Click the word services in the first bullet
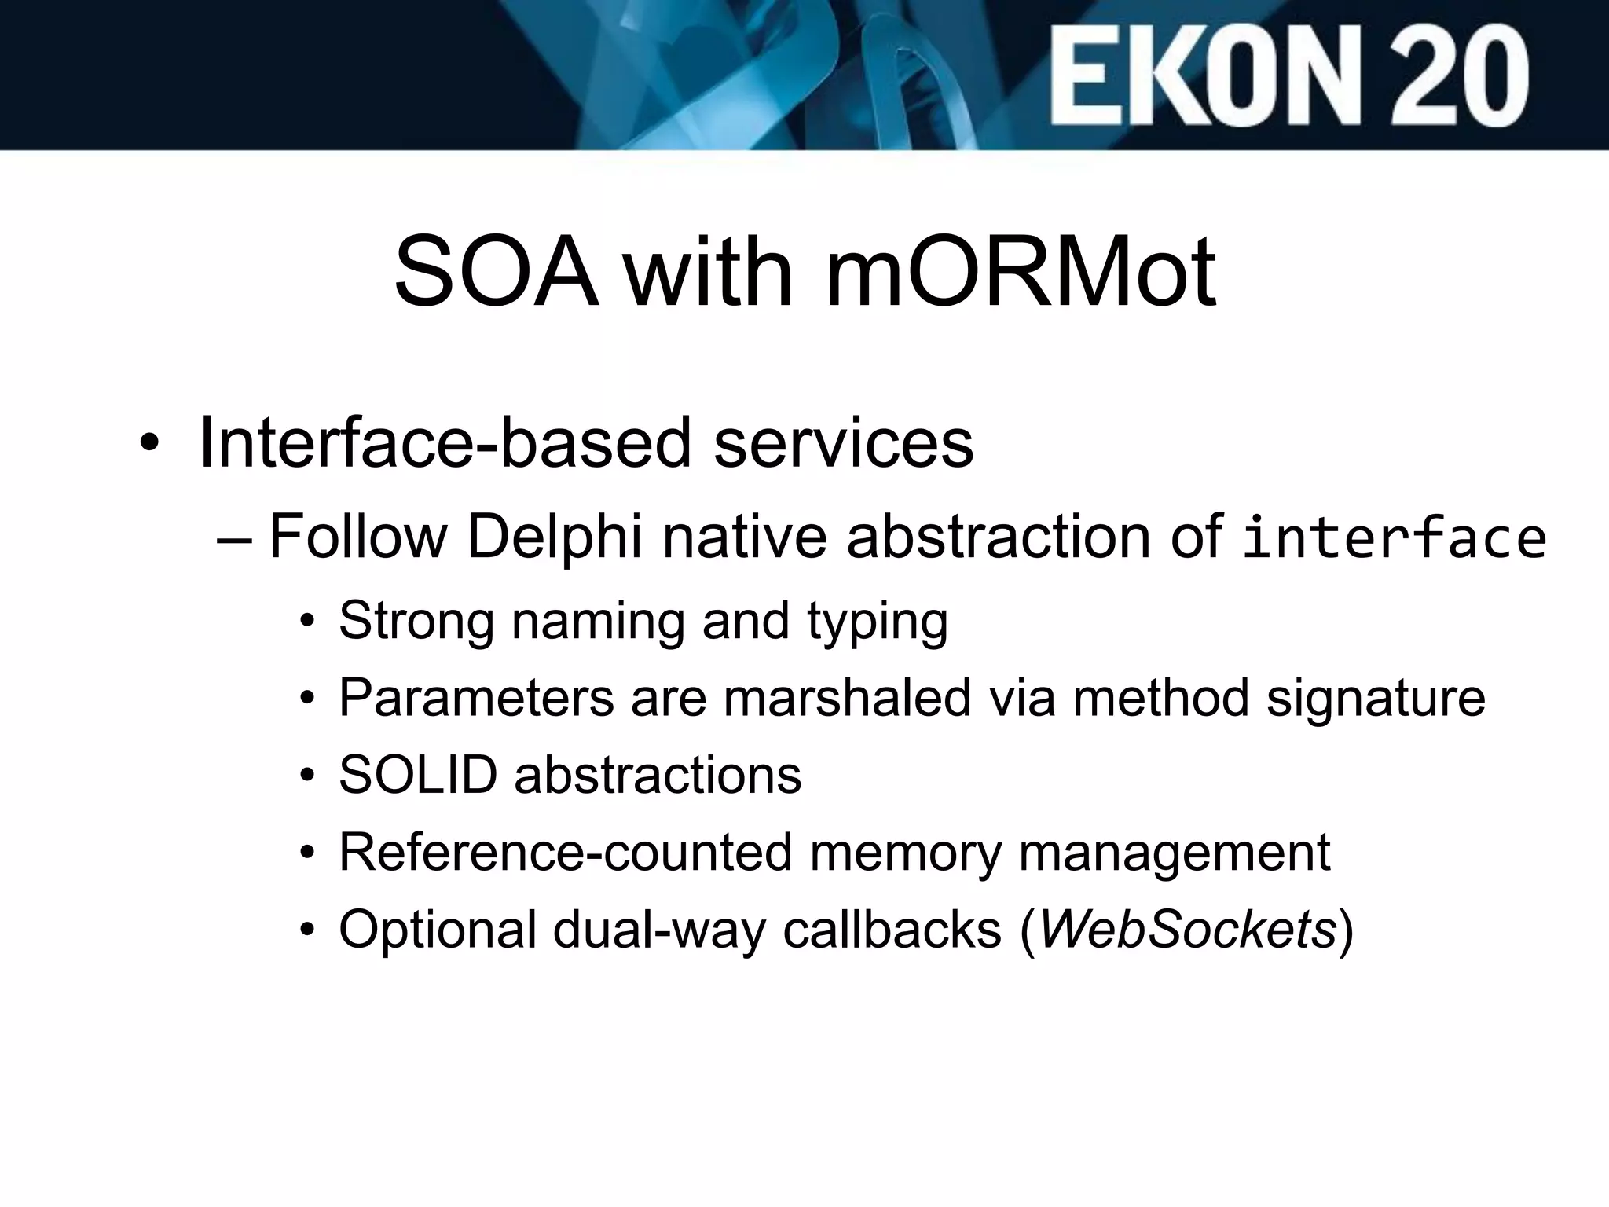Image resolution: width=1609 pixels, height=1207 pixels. click(x=844, y=443)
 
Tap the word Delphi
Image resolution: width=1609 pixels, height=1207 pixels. click(x=555, y=537)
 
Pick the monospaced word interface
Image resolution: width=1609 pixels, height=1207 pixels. click(x=1394, y=539)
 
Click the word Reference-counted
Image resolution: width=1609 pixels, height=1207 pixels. click(x=565, y=852)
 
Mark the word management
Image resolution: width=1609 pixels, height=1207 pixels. click(x=1175, y=853)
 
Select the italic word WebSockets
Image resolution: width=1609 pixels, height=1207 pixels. click(x=1188, y=930)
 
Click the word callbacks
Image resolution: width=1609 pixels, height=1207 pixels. click(x=892, y=930)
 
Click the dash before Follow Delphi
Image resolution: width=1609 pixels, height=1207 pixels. click(x=234, y=540)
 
